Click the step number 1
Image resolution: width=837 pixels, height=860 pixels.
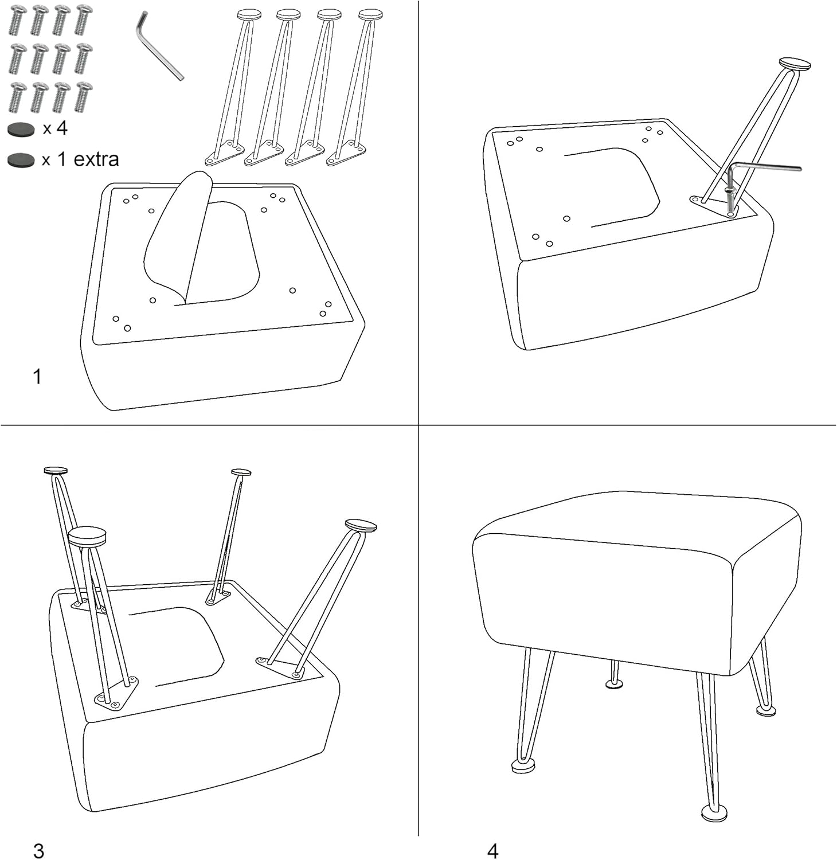point(37,377)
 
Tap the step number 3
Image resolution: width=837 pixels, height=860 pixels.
point(38,850)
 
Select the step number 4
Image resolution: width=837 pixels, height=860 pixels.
point(492,850)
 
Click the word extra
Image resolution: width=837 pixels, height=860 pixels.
point(96,159)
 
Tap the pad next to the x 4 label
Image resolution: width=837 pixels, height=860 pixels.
point(21,130)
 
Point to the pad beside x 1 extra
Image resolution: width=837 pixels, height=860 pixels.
point(21,160)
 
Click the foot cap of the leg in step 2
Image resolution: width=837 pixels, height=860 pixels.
point(795,64)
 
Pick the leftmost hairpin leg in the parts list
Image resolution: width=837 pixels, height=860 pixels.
point(232,86)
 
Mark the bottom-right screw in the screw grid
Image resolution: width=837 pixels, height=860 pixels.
point(84,97)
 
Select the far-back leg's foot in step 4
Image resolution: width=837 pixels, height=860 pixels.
point(615,682)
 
